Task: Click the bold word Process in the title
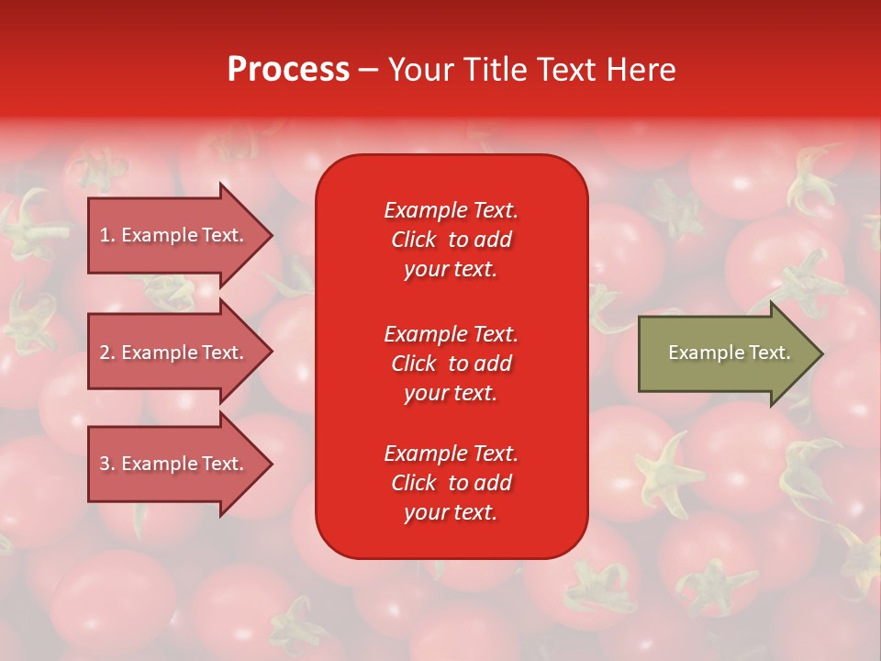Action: click(288, 70)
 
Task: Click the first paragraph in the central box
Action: click(451, 240)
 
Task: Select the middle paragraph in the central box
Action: click(451, 364)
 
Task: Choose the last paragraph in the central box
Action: click(451, 483)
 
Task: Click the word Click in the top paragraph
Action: click(414, 240)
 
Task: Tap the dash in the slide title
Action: click(368, 70)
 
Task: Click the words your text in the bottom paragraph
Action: click(451, 512)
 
